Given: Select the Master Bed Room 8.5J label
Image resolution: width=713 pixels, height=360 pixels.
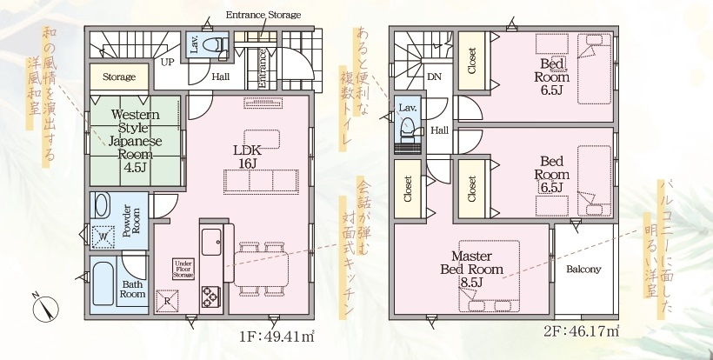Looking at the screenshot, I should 471,270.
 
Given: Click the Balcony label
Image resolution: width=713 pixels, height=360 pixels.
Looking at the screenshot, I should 583,269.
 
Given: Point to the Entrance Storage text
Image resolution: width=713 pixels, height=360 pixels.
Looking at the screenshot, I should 263,16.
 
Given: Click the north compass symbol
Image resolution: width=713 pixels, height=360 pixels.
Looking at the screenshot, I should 46,307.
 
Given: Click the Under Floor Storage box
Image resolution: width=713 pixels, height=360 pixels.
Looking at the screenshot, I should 183,269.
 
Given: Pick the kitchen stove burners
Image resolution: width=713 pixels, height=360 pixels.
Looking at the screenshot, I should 211,297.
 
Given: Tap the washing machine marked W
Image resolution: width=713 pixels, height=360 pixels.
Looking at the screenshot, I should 103,235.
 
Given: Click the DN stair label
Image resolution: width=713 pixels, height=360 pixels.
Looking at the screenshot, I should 433,77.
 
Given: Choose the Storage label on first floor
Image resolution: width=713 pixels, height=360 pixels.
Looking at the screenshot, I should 119,77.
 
